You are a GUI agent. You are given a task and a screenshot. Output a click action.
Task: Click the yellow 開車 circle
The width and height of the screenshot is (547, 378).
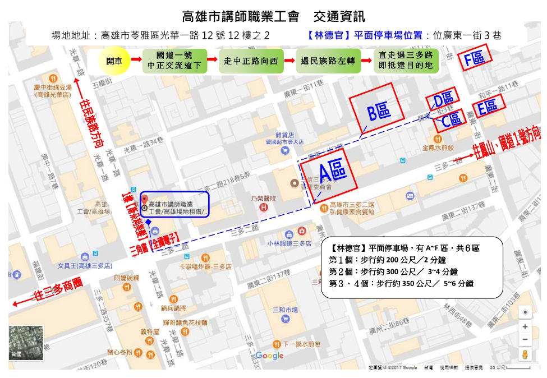114,61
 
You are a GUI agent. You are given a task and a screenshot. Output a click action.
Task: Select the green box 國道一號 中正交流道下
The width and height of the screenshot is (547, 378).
174,61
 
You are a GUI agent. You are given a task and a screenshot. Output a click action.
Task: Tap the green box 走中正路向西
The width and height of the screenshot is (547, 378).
251,61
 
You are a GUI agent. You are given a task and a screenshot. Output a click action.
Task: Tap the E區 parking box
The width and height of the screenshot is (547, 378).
488,106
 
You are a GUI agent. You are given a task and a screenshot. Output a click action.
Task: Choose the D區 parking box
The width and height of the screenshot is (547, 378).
443,99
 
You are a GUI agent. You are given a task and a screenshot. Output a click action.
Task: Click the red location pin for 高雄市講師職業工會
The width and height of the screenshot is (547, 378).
144,200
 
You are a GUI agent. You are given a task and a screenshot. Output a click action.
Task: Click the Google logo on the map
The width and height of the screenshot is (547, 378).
270,356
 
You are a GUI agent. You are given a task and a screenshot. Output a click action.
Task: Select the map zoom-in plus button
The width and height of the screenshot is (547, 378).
525,326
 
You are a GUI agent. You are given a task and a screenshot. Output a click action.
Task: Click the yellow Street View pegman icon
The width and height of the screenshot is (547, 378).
525,354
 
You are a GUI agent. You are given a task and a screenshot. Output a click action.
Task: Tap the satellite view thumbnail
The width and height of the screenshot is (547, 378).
25,342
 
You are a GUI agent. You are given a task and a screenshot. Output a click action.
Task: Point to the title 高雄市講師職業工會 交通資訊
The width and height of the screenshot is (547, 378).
273,15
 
